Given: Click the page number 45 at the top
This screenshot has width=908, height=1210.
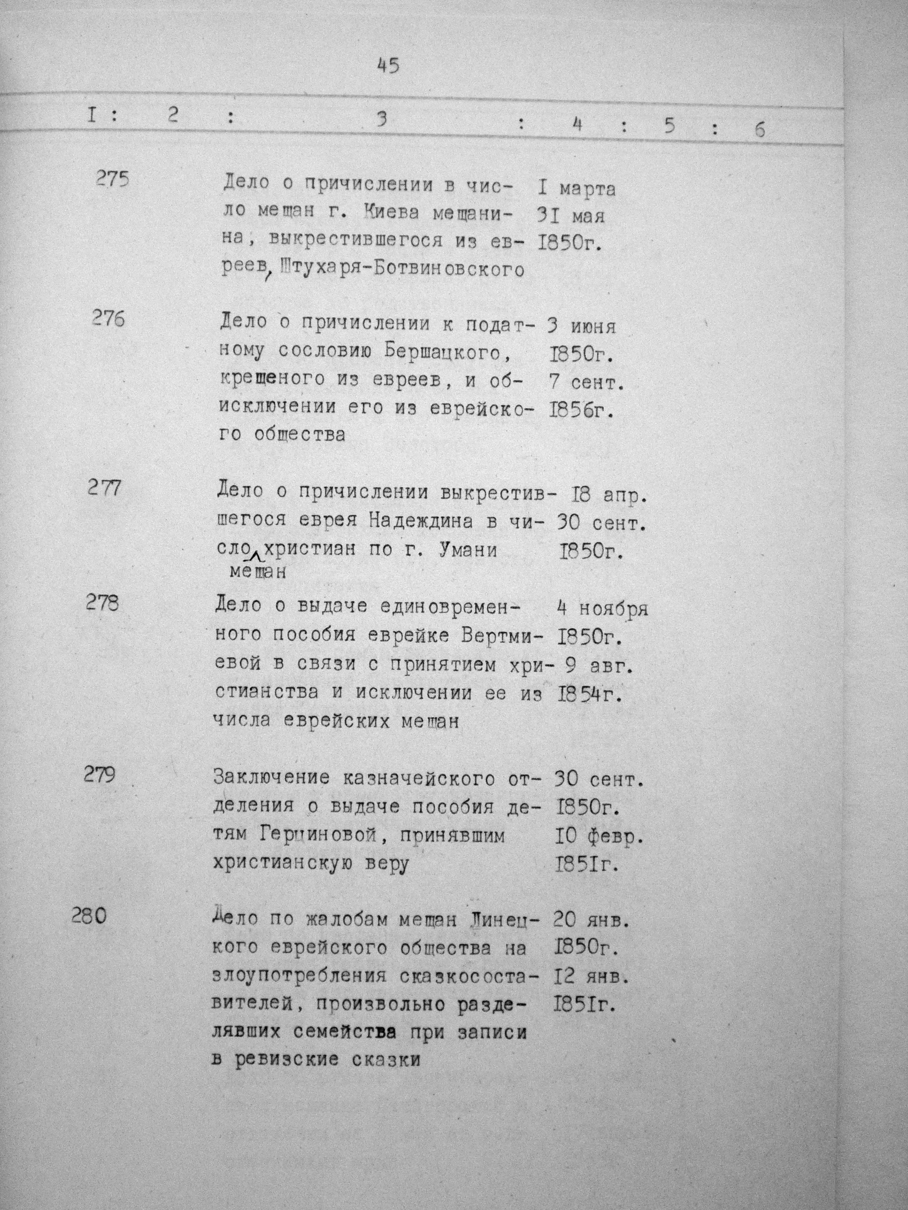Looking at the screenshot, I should (x=389, y=66).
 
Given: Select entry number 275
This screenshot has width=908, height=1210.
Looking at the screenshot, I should (x=112, y=178).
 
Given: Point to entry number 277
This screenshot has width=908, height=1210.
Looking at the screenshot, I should (x=104, y=487).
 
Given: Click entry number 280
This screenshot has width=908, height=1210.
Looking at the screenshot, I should (x=89, y=915).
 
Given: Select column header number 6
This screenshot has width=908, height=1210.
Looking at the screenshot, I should (x=759, y=129).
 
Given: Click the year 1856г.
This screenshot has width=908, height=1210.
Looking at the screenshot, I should (x=581, y=410).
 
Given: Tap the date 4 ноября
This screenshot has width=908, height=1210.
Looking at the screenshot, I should (x=602, y=608).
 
